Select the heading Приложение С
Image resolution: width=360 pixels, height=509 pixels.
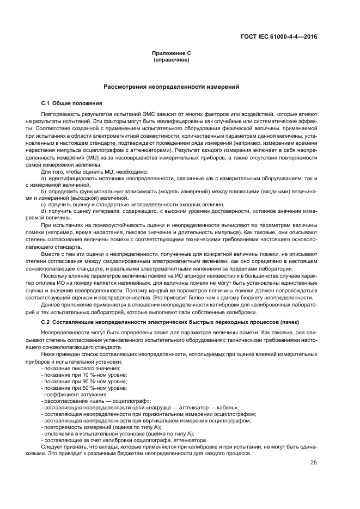point(171,53)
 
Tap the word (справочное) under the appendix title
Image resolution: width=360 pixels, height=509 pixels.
point(171,59)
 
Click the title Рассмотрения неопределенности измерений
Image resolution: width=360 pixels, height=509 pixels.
point(171,87)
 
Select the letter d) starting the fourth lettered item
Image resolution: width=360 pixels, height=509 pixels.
point(43,210)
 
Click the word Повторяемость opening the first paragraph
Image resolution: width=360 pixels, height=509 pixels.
point(62,113)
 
